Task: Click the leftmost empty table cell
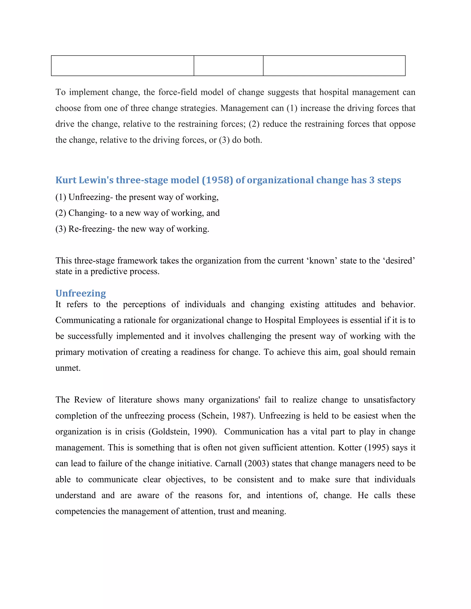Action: tap(123, 65)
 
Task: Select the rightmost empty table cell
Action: tap(334, 65)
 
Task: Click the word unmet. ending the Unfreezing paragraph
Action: tap(68, 368)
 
